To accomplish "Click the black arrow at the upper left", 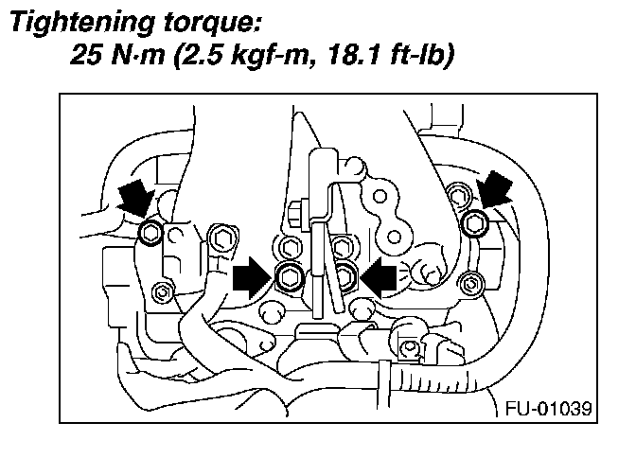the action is point(135,199).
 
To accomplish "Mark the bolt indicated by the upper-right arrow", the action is point(477,223).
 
